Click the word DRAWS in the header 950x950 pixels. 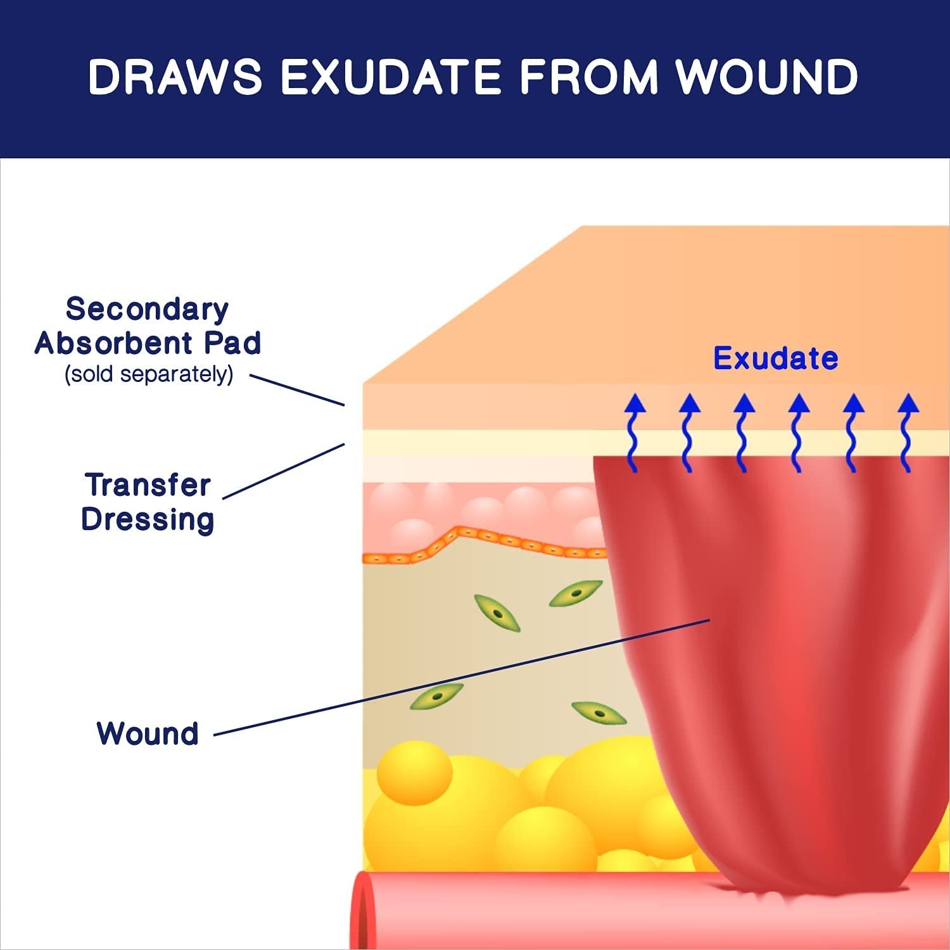pyautogui.click(x=175, y=77)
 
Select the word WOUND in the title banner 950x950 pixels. pyautogui.click(x=767, y=77)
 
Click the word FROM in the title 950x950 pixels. pyautogui.click(x=588, y=77)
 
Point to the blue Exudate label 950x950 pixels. pyautogui.click(x=775, y=358)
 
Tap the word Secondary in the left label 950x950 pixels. pyautogui.click(x=147, y=310)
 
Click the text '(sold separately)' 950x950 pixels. pyautogui.click(x=149, y=374)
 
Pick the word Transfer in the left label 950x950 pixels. pyautogui.click(x=148, y=486)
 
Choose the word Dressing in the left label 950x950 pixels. pyautogui.click(x=148, y=520)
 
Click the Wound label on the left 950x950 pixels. pyautogui.click(x=148, y=734)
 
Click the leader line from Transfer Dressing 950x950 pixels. pyautogui.click(x=284, y=471)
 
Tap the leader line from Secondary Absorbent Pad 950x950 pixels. pyautogui.click(x=297, y=389)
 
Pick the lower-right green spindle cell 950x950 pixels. pyautogui.click(x=598, y=713)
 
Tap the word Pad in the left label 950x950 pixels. pyautogui.click(x=232, y=343)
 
